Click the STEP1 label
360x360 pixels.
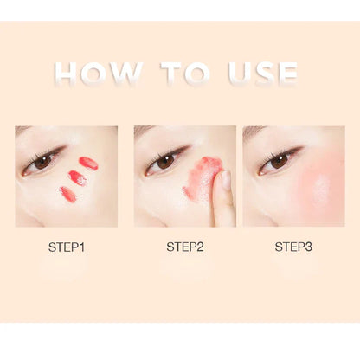click(x=67, y=247)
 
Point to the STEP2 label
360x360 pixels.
click(x=184, y=247)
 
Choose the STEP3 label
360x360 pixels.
click(x=293, y=247)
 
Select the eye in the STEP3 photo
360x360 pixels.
click(x=278, y=161)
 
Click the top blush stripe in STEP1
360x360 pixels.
click(x=88, y=163)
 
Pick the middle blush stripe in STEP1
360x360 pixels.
click(x=78, y=178)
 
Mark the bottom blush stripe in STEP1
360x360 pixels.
click(x=67, y=195)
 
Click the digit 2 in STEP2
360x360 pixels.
click(x=201, y=247)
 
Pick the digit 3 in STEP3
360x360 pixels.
click(x=310, y=247)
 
